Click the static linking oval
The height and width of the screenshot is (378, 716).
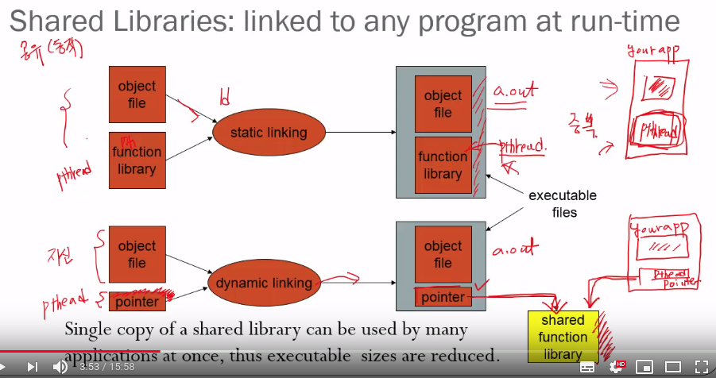pyautogui.click(x=268, y=133)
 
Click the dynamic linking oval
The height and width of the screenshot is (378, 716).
pyautogui.click(x=265, y=283)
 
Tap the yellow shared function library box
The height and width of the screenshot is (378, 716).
pyautogui.click(x=563, y=337)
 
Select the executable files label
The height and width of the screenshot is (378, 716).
pyautogui.click(x=563, y=204)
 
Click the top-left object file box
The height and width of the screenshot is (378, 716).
pyautogui.click(x=137, y=94)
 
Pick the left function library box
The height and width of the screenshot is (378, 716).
pyautogui.click(x=137, y=160)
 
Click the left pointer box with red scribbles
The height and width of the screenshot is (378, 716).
pyautogui.click(x=137, y=302)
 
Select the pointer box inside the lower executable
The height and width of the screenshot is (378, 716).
pyautogui.click(x=443, y=296)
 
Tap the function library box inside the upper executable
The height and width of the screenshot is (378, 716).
pyautogui.click(x=443, y=165)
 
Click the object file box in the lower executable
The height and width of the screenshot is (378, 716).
pyautogui.click(x=443, y=254)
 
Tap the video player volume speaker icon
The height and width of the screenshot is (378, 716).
pyautogui.click(x=60, y=367)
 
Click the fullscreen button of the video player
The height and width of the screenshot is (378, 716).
pyautogui.click(x=701, y=367)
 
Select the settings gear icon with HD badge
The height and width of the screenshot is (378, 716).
pyautogui.click(x=616, y=367)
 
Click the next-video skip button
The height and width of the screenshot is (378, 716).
pyautogui.click(x=33, y=367)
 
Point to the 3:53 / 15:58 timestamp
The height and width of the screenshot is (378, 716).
pyautogui.click(x=106, y=367)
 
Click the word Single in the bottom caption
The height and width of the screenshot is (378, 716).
pyautogui.click(x=88, y=329)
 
